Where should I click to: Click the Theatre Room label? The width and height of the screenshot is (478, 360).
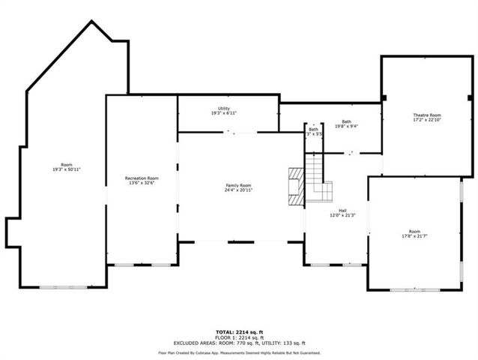pos(427,115)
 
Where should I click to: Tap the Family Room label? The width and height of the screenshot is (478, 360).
pos(239,185)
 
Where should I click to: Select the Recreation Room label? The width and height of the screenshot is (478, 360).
pos(142,178)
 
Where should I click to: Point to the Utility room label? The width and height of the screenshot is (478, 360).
pos(224,109)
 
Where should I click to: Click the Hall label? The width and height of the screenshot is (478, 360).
pos(342,211)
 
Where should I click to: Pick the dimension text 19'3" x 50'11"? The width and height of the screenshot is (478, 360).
pos(67,170)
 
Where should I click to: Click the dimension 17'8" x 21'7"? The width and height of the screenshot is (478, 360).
pos(414,237)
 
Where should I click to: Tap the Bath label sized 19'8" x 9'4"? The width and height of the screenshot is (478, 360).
pos(346,121)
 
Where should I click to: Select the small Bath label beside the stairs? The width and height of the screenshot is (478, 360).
pos(313,130)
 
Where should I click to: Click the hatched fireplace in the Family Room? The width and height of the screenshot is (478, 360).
pos(297,185)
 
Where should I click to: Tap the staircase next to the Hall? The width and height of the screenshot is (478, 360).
pos(316,177)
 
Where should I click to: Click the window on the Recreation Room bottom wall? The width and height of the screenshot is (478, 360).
pos(132,264)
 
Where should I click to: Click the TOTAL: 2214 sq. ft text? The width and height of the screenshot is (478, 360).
pos(239,331)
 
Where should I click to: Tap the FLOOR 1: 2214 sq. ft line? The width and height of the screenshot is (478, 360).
pos(239,337)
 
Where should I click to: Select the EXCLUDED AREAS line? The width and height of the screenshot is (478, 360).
pos(239,342)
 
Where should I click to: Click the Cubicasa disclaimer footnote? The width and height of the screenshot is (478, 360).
pos(239,352)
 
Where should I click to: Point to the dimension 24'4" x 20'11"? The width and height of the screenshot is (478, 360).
pos(239,190)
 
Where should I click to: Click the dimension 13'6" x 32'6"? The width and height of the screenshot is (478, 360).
pos(142,183)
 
